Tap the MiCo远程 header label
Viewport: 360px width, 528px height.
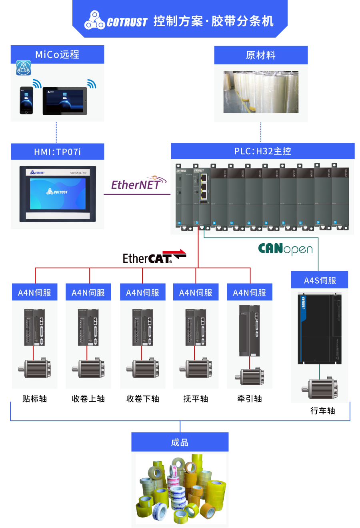coord(57,54)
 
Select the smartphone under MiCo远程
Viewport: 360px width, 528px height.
coord(26,100)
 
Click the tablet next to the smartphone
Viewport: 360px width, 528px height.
coord(65,101)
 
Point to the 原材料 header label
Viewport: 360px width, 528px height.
coord(261,55)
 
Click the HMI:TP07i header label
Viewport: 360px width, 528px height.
coord(57,152)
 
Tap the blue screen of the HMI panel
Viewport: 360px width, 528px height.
coord(58,194)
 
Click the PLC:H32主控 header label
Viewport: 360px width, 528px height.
coord(263,151)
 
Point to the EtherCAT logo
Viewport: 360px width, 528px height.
coord(154,257)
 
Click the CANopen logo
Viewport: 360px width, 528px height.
coord(285,249)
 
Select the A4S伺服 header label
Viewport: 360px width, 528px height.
coord(320,280)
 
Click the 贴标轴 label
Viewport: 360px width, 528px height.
coord(35,399)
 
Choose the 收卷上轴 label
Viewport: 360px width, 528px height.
coord(88,399)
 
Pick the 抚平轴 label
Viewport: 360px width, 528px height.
coord(196,399)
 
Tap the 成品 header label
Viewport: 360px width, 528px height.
coord(180,442)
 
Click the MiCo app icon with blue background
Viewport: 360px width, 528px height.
coord(24,68)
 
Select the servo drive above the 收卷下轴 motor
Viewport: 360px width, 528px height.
coord(143,327)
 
